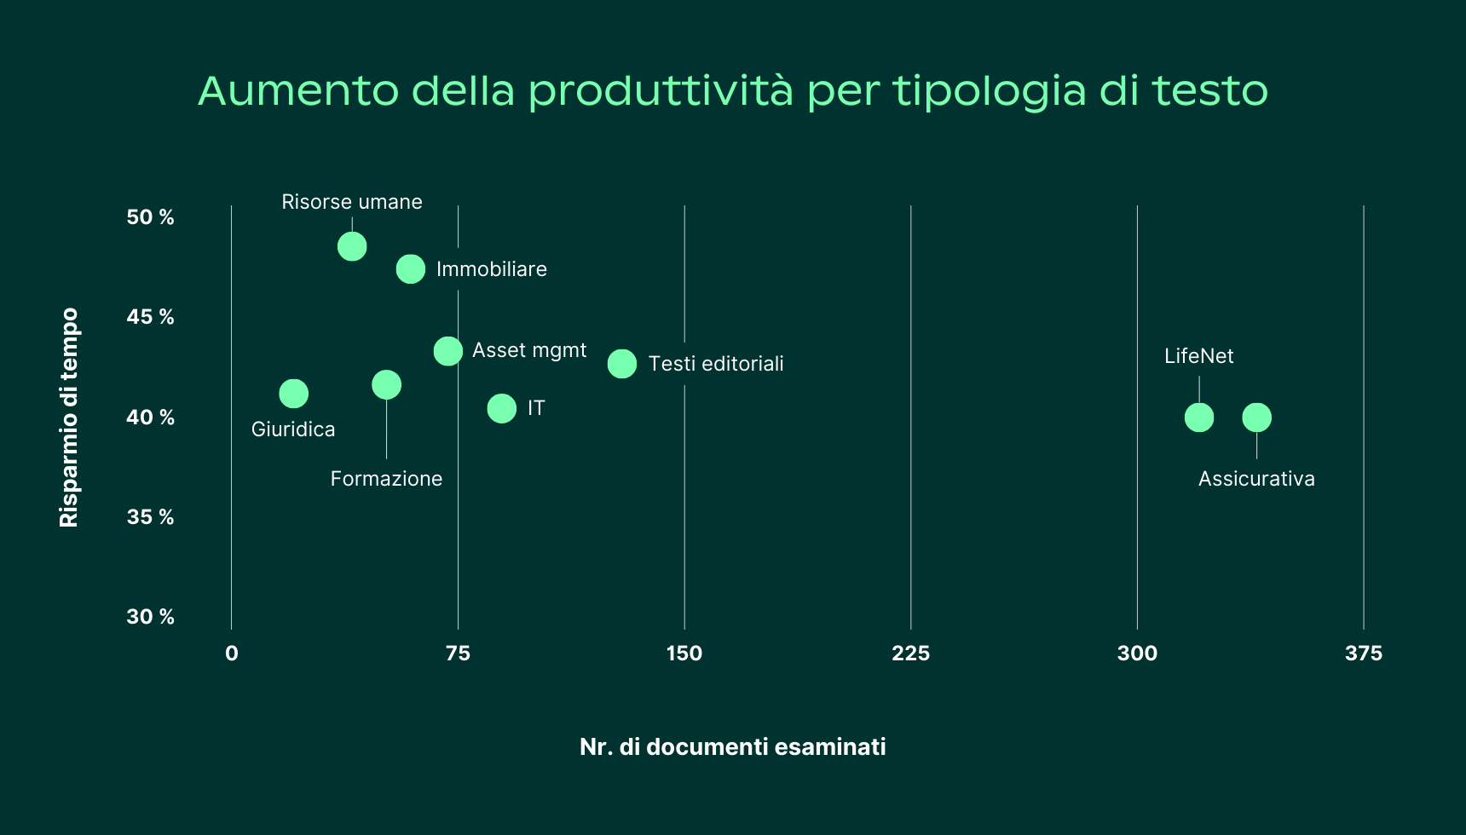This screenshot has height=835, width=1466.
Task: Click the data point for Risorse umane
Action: (352, 246)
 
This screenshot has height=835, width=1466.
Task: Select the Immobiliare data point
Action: (411, 269)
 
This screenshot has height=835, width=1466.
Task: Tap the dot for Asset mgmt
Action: (448, 351)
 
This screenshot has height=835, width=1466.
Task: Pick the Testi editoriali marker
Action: (622, 364)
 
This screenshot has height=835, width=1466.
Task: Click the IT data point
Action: (502, 409)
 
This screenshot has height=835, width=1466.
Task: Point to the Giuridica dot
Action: (293, 394)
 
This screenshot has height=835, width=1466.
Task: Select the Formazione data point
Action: (386, 385)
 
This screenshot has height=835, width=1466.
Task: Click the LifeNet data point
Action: (1199, 417)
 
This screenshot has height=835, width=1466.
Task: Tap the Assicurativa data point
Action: (1256, 417)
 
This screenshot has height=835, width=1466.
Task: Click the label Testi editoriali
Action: (716, 364)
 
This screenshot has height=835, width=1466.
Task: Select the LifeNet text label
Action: (1199, 356)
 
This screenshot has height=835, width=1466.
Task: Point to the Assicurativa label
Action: (1256, 479)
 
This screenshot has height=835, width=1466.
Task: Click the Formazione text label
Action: (386, 479)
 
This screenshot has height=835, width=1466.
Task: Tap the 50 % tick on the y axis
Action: (150, 217)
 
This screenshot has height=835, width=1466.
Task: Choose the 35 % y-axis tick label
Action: (150, 517)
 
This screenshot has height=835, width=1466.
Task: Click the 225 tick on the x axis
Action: (910, 654)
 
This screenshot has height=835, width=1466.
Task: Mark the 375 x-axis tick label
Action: (1363, 654)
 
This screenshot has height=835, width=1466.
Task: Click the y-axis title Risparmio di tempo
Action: (69, 417)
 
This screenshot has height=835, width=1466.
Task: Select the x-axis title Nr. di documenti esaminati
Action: (733, 747)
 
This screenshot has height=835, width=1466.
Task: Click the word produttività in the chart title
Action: (661, 91)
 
